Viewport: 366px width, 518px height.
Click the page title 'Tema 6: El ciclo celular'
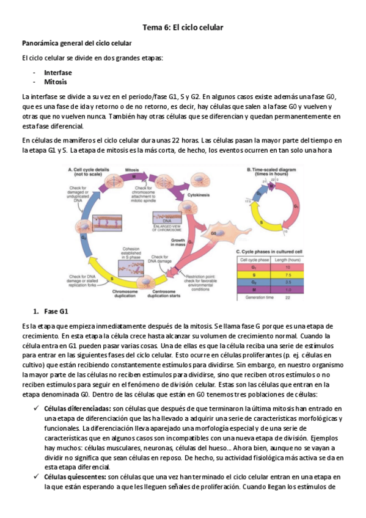pos(183,27)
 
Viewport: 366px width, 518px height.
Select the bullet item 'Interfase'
pos(58,72)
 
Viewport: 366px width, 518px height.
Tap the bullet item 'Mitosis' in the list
pos(56,81)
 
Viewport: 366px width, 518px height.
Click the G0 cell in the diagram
pos(215,233)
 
